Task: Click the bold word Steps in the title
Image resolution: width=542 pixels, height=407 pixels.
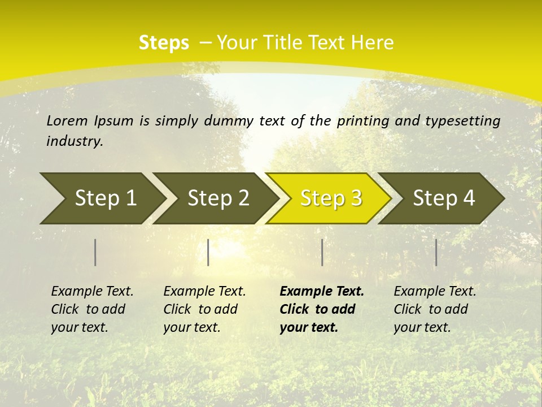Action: [164, 42]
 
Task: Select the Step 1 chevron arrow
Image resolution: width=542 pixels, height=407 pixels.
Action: [102, 198]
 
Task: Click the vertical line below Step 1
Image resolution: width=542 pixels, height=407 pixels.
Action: [95, 252]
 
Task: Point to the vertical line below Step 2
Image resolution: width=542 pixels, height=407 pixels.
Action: [208, 252]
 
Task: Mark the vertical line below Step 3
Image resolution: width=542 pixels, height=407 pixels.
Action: [322, 252]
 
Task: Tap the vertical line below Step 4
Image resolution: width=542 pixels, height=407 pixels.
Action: [436, 252]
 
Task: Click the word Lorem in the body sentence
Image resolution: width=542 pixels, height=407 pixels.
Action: [67, 120]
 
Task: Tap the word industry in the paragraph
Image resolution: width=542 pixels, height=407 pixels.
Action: [73, 141]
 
